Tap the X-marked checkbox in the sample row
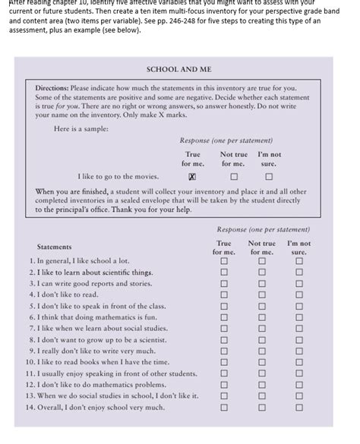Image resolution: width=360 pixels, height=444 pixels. (x=193, y=176)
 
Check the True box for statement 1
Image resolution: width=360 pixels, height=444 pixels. (x=224, y=260)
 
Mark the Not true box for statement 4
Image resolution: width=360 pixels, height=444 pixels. (x=262, y=294)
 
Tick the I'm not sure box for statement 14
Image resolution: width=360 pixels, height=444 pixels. (x=299, y=408)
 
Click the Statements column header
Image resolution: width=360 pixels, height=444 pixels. (x=55, y=247)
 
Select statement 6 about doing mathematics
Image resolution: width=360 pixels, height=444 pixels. (x=90, y=316)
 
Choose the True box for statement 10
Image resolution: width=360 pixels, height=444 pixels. (x=224, y=363)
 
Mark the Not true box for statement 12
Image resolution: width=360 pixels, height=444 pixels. (x=262, y=385)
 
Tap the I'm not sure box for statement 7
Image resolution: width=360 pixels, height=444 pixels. (x=299, y=329)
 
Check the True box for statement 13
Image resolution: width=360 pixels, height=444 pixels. (x=224, y=396)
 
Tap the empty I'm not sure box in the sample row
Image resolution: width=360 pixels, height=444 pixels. (x=269, y=176)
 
